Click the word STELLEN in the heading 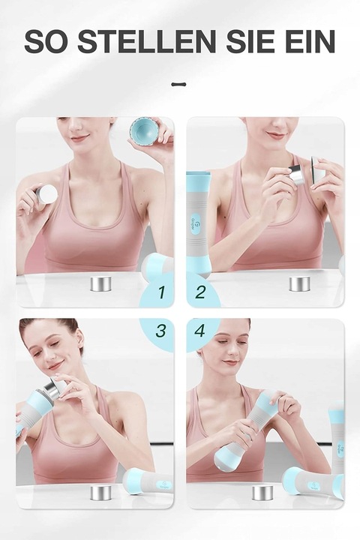click(146, 41)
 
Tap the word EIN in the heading click(310, 41)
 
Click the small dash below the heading click(178, 84)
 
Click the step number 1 click(161, 292)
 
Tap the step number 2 click(200, 292)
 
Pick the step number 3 click(160, 330)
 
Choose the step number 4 click(200, 331)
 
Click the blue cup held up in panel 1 click(144, 133)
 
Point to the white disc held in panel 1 click(46, 194)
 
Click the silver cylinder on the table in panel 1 click(100, 283)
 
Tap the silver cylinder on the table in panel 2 click(299, 283)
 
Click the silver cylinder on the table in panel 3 click(100, 493)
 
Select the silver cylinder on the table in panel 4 click(262, 493)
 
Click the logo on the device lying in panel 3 click(164, 485)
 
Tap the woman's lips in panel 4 click(229, 362)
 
